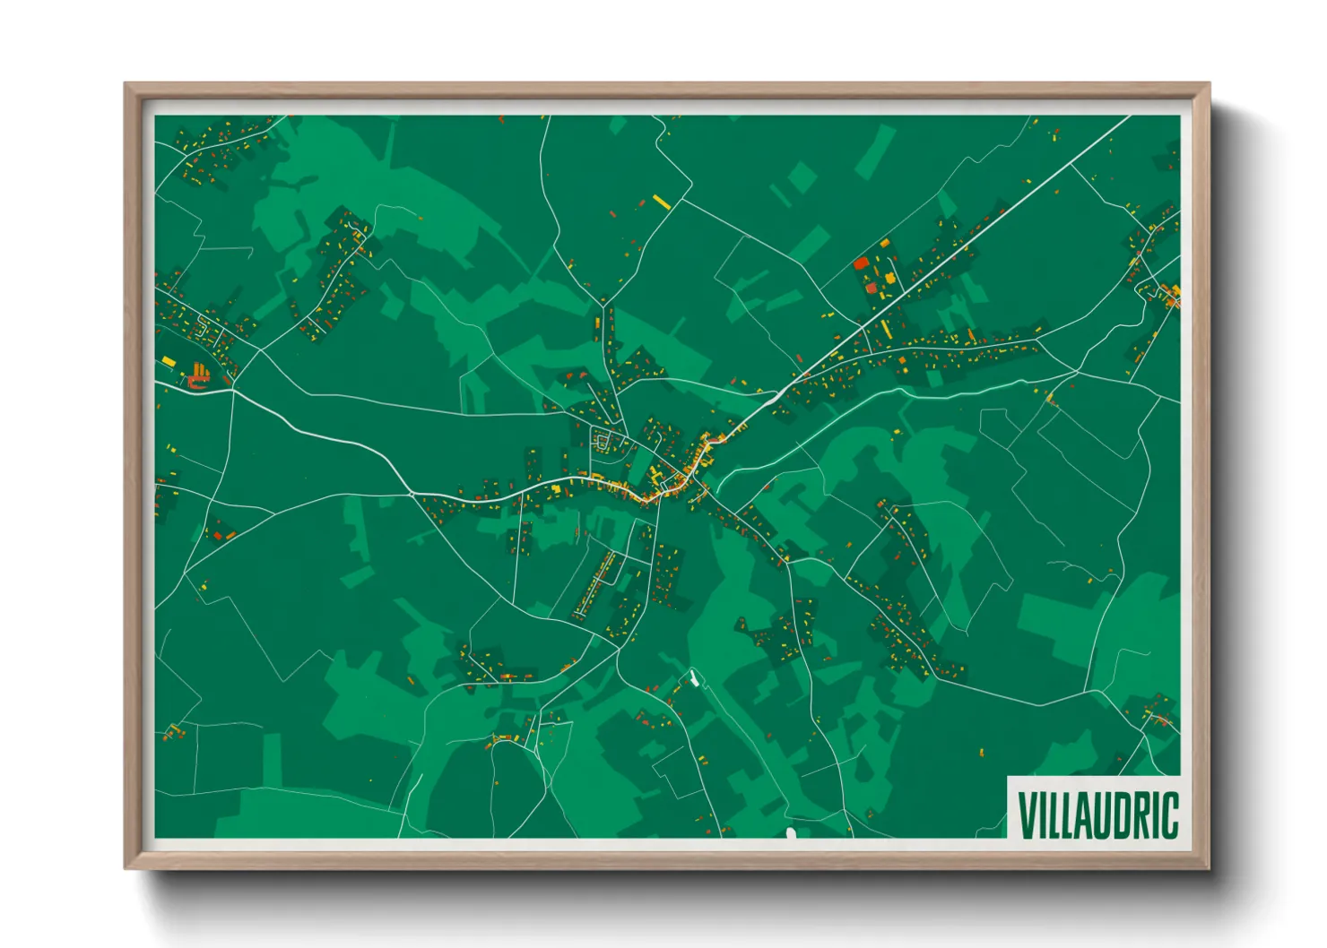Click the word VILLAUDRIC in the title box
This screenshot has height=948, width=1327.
click(x=1097, y=814)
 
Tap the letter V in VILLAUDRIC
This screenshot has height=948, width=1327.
click(x=1026, y=814)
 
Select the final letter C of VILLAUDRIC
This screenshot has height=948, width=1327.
click(x=1170, y=814)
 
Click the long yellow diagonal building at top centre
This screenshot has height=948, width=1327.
click(x=662, y=203)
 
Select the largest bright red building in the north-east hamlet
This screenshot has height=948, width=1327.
click(x=861, y=263)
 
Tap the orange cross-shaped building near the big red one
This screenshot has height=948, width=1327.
click(x=889, y=279)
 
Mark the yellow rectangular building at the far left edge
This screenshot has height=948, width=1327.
click(x=168, y=361)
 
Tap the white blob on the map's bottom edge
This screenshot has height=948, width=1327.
click(x=791, y=834)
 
